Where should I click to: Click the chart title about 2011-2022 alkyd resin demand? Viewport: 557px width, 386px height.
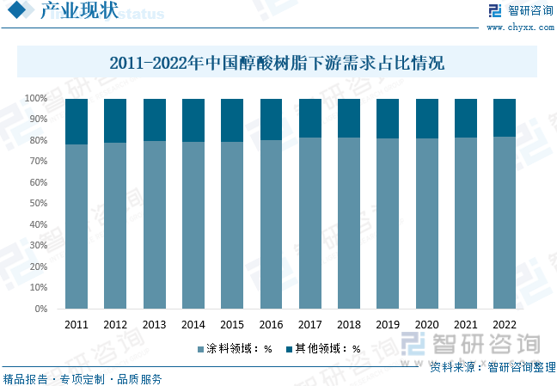pyautogui.click(x=277, y=64)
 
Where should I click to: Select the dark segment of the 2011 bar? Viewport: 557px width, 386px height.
pyautogui.click(x=77, y=121)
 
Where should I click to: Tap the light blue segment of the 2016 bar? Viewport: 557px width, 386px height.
pyautogui.click(x=272, y=224)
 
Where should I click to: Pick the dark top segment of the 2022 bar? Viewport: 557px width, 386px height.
pyautogui.click(x=505, y=118)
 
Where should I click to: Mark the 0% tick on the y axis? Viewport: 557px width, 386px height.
pyautogui.click(x=40, y=309)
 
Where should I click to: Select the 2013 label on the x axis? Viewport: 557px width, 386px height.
pyautogui.click(x=155, y=326)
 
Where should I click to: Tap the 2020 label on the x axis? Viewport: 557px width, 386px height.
pyautogui.click(x=427, y=326)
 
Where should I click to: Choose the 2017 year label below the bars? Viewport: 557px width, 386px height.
pyautogui.click(x=310, y=326)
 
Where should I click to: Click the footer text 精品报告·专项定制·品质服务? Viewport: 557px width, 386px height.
pyautogui.click(x=83, y=378)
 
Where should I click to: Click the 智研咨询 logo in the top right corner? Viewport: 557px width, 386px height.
pyautogui.click(x=520, y=11)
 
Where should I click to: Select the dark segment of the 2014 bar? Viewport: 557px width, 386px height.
pyautogui.click(x=193, y=120)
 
